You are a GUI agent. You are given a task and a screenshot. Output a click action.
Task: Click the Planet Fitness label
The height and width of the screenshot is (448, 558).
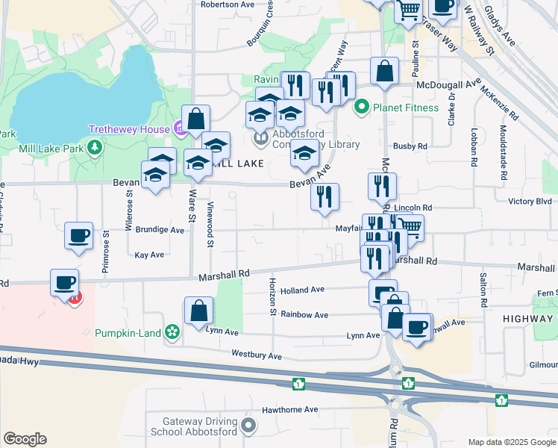pyautogui.click(x=407, y=108)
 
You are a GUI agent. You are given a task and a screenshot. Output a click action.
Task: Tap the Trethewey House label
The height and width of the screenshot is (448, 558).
pyautogui.click(x=129, y=129)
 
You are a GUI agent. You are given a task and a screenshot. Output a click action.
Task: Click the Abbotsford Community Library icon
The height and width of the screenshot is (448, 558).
pyautogui.click(x=261, y=138)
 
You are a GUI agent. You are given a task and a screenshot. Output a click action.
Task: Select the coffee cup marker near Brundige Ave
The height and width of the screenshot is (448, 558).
pyautogui.click(x=78, y=236)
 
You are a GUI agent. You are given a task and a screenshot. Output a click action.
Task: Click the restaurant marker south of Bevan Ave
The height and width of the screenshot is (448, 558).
pyautogui.click(x=325, y=197)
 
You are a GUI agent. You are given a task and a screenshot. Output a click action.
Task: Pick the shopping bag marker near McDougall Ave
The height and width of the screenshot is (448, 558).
pyautogui.click(x=384, y=72)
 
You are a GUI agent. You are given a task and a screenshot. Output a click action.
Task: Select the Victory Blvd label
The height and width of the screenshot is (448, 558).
pyautogui.click(x=529, y=202)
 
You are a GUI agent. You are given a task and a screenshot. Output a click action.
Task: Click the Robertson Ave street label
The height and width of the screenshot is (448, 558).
pyautogui.click(x=228, y=4)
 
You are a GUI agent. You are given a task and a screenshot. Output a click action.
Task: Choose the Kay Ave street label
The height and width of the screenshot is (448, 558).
pyautogui.click(x=149, y=255)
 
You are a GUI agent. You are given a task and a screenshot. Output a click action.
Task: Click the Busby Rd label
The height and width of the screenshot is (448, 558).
pyautogui.click(x=411, y=147)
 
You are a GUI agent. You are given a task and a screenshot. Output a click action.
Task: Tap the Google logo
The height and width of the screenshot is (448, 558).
pyautogui.click(x=25, y=439)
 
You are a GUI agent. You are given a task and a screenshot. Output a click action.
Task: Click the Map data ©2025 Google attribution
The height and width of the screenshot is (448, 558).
pyautogui.click(x=512, y=442)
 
